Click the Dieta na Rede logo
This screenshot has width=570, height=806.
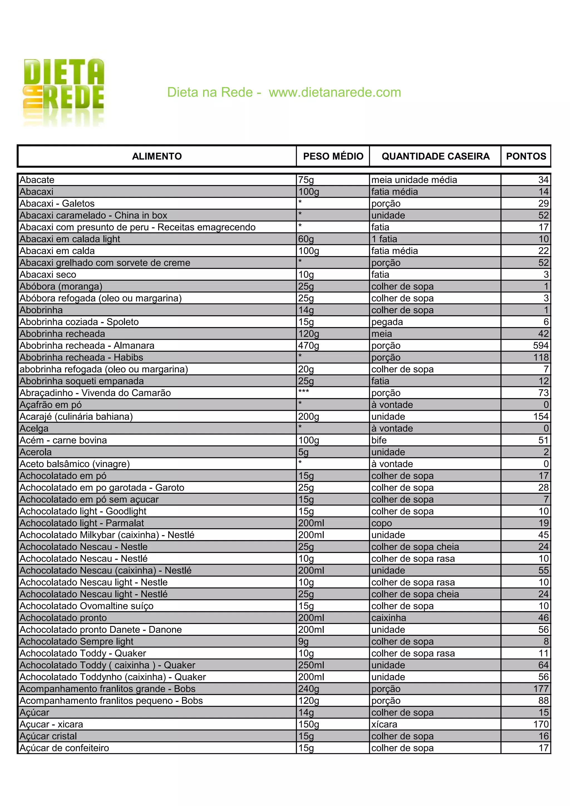tap(64, 92)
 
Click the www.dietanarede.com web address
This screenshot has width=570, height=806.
tap(335, 92)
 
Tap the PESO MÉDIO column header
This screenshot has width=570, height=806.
tap(333, 156)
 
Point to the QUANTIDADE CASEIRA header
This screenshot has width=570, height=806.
tap(435, 156)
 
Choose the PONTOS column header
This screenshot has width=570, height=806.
tap(526, 156)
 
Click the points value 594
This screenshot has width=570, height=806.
tap(540, 345)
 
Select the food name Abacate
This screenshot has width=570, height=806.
tap(37, 180)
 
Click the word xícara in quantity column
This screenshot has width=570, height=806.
tap(384, 724)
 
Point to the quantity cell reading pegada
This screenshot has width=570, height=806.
tap(387, 322)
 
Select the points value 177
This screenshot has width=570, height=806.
tap(541, 689)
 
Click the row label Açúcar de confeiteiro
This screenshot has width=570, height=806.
tap(64, 748)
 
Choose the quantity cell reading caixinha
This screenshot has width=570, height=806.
tap(389, 618)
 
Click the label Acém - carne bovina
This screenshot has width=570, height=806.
tap(63, 440)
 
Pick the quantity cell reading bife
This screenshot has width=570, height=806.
tap(379, 440)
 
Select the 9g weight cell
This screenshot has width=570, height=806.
tap(303, 641)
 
